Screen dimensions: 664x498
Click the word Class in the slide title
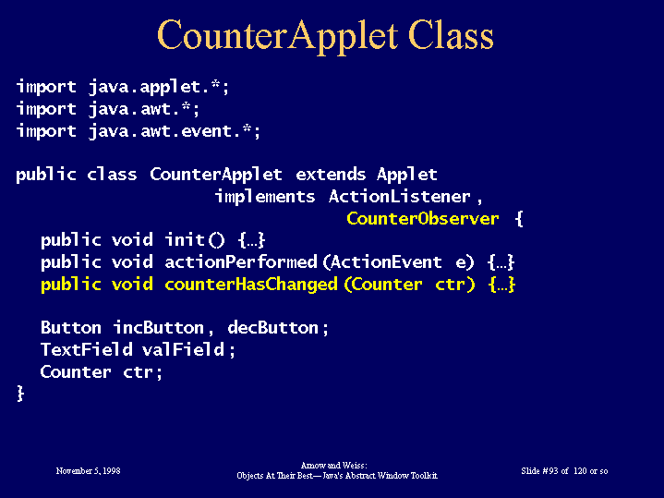451,35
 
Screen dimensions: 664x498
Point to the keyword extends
331,175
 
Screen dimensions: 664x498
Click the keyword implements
265,197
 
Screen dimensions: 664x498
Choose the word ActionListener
399,196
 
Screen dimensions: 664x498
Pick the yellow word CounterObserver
423,219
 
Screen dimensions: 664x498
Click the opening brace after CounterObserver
519,219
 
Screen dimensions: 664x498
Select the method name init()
195,240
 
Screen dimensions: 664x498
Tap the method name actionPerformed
241,262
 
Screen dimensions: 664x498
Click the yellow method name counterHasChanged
251,285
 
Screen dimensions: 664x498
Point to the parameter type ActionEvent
386,262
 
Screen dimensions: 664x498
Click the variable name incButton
159,328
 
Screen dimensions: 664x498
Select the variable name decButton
272,328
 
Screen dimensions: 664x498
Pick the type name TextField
87,349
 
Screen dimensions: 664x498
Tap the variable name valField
183,349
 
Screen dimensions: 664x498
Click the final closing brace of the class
20,394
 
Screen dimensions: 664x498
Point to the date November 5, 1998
88,471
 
